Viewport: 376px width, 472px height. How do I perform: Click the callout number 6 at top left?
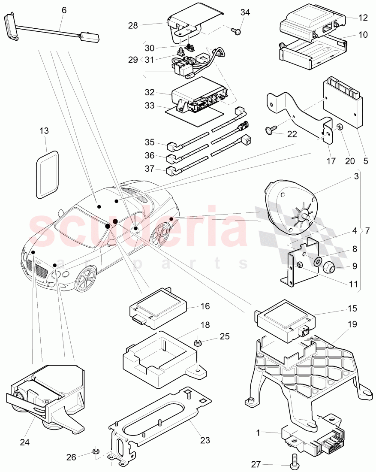[64, 9]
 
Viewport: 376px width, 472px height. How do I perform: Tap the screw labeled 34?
[235, 30]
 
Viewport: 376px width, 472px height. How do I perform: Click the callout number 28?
[133, 26]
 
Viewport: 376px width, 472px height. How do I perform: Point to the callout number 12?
[363, 18]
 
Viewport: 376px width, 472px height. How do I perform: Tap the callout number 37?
[149, 169]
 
